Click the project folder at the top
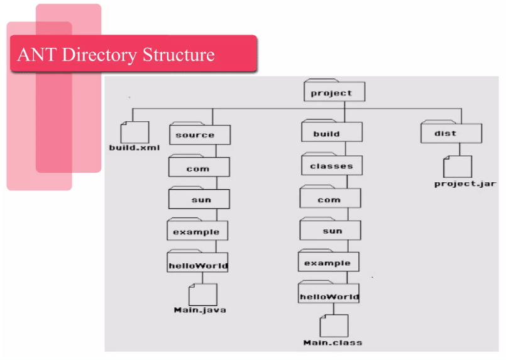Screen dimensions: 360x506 tap(334, 92)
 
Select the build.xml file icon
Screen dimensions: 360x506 tap(135, 133)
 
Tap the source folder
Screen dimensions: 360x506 tap(199, 134)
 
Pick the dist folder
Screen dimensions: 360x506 tap(451, 133)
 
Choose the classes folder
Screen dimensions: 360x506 tap(331, 165)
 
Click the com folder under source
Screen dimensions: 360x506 tap(198, 168)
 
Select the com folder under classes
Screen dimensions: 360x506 tap(330, 199)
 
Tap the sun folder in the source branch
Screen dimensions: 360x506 tap(199, 199)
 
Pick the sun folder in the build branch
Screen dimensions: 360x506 tap(331, 230)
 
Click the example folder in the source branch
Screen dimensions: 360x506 tap(197, 231)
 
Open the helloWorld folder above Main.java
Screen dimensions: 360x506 tap(197, 265)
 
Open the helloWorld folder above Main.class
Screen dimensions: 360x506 tap(329, 295)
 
